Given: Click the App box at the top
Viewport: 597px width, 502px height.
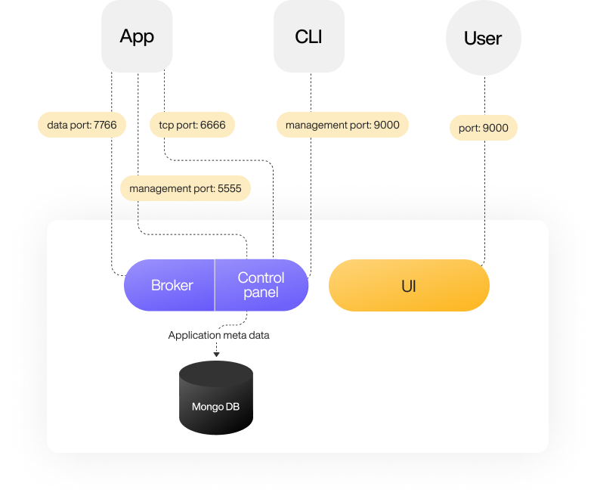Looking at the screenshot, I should (137, 36).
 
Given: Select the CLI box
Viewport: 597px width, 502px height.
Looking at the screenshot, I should (309, 36).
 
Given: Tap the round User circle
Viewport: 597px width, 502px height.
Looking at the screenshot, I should (483, 38).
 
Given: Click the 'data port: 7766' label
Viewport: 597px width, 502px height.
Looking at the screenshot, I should (82, 125).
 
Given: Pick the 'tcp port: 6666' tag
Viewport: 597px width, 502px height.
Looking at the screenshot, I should (192, 125).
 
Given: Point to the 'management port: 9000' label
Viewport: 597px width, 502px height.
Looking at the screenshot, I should (342, 125).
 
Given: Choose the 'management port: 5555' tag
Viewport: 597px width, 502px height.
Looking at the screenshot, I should (185, 188).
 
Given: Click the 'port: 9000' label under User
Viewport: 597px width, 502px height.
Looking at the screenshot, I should (484, 128).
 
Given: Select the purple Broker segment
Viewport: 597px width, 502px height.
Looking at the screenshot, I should (172, 285).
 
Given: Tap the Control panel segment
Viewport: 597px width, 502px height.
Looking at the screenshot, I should (261, 285).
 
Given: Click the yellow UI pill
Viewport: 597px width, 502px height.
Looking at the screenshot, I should (409, 286).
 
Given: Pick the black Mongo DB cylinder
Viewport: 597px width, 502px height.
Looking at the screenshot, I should (216, 398).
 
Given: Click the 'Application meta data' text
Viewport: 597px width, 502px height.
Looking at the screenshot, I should (218, 335).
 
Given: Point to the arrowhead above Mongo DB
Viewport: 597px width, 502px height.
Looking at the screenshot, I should (216, 354).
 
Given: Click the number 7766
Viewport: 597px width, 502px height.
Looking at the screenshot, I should (105, 125).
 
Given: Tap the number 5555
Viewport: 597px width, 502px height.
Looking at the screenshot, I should (229, 188).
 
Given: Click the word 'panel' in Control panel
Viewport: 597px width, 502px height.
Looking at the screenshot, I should (261, 293).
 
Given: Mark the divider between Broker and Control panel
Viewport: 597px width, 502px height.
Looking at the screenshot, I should (215, 285).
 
